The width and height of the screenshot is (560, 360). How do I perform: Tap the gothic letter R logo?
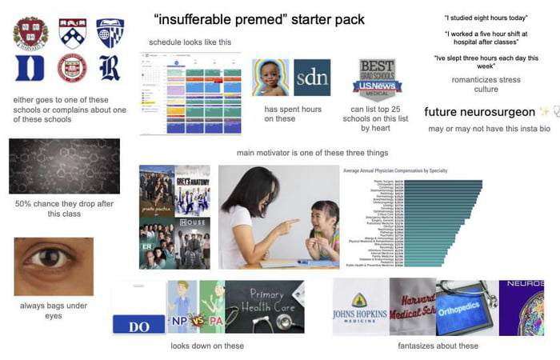pos(110,69)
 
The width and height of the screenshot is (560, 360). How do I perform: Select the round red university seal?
pos(70,69)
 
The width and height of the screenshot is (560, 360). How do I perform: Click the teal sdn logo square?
pos(312,78)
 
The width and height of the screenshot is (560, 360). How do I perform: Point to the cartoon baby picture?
pos(270,78)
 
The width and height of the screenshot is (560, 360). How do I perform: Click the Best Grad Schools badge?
pos(377,78)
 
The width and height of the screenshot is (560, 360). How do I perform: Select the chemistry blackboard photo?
pos(64,166)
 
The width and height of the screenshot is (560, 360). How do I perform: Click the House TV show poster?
pos(193,232)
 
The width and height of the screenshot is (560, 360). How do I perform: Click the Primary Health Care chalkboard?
pos(266,307)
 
